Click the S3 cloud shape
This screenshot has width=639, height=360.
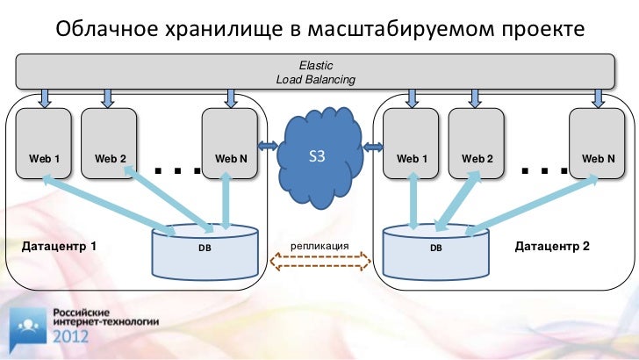click(x=317, y=155)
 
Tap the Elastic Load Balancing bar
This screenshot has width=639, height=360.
click(x=316, y=72)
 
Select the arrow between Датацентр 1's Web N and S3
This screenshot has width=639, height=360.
click(x=268, y=144)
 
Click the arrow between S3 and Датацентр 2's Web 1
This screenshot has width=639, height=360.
click(x=374, y=144)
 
